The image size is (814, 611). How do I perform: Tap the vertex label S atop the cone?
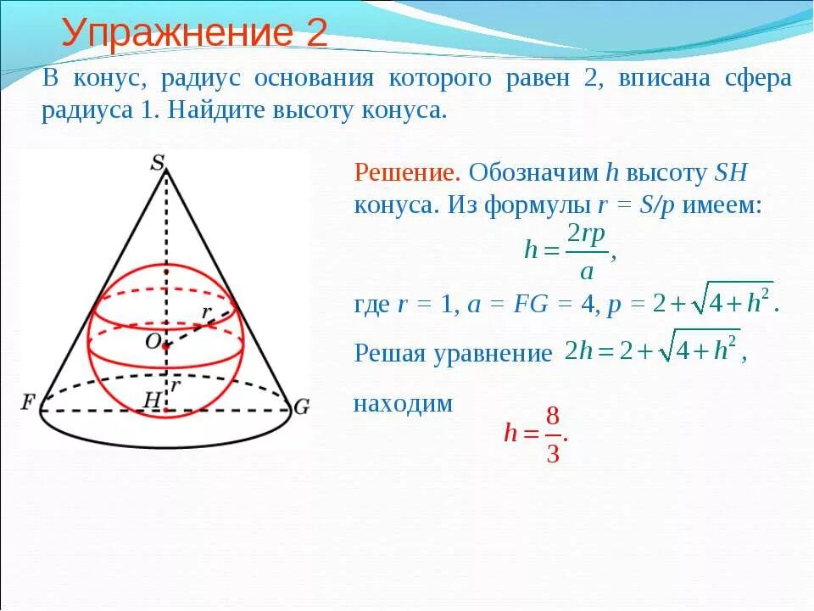click(158, 162)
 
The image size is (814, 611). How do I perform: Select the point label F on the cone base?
click(29, 401)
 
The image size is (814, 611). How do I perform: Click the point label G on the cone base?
click(301, 406)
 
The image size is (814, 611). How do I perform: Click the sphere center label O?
click(152, 341)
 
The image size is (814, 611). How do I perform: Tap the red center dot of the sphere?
click(166, 346)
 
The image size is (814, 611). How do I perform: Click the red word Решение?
click(407, 173)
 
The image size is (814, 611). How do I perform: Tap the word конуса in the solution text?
click(391, 205)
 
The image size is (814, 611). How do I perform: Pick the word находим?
click(403, 404)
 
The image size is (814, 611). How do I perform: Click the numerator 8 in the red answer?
click(553, 417)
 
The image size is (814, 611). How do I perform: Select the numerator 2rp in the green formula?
click(586, 235)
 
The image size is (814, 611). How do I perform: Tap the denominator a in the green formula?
click(586, 272)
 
